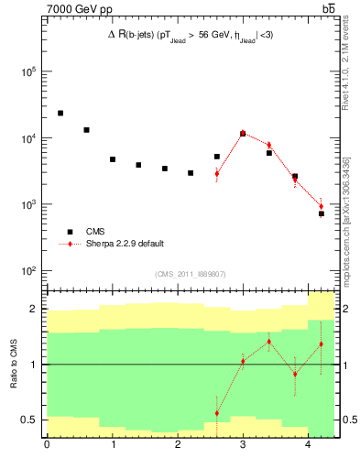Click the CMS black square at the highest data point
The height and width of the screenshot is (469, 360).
point(60,113)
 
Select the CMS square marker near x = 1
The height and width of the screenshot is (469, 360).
point(113,159)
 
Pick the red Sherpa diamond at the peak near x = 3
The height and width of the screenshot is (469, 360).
point(243,133)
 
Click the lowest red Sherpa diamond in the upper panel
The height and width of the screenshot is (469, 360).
point(322,206)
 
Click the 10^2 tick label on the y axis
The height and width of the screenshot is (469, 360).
point(27,271)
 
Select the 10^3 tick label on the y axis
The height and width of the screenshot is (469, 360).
point(27,204)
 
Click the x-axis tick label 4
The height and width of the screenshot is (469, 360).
point(307,446)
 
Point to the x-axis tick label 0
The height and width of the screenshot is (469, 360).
point(47,446)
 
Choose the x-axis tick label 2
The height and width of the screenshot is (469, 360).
point(177,446)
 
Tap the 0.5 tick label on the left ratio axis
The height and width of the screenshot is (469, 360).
point(29,420)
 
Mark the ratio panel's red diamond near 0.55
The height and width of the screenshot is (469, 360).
point(217,413)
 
